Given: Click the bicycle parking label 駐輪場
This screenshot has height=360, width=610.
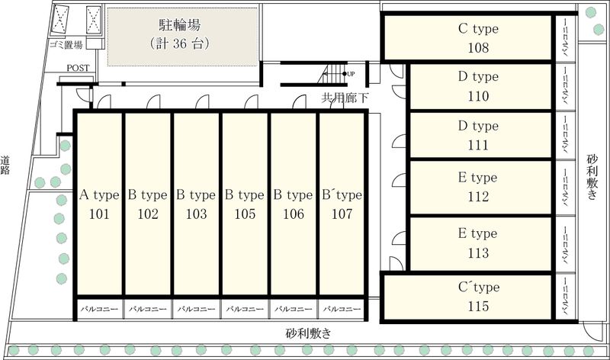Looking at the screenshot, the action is coord(180,25).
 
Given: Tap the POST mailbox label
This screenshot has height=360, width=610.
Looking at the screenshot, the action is coord(78,68).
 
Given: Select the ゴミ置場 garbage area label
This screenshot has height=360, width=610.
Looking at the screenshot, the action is coord(66,45).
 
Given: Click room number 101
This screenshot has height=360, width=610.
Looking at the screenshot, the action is coord(99,214).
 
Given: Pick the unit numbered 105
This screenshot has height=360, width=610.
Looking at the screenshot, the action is coord(245,214).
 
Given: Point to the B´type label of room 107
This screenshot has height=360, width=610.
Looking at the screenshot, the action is coord(342,194).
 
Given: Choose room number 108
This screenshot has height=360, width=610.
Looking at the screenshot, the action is coord(478,47).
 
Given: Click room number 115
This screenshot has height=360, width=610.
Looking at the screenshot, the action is coord(478,307).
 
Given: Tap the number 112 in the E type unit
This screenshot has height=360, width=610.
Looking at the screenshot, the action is coord(478,197).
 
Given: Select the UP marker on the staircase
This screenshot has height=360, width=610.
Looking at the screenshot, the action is coord(351,73).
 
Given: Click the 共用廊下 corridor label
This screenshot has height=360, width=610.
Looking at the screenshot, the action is coord(345,98).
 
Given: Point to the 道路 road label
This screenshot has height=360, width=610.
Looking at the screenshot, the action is coord(5,165).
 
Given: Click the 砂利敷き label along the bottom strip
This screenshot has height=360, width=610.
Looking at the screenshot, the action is coord(309,333).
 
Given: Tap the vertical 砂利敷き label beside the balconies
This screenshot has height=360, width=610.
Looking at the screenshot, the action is coord(592,177).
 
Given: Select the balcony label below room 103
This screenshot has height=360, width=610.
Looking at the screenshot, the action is coord(196,309).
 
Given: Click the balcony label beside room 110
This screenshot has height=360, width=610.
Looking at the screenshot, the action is coord(565,85).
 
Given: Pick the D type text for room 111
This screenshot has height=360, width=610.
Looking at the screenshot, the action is coord(478,126).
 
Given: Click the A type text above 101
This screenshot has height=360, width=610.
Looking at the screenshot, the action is coord(99,194).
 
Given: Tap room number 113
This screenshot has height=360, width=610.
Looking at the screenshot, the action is coord(478,253).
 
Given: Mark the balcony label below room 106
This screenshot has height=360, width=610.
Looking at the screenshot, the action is coord(294,309).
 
